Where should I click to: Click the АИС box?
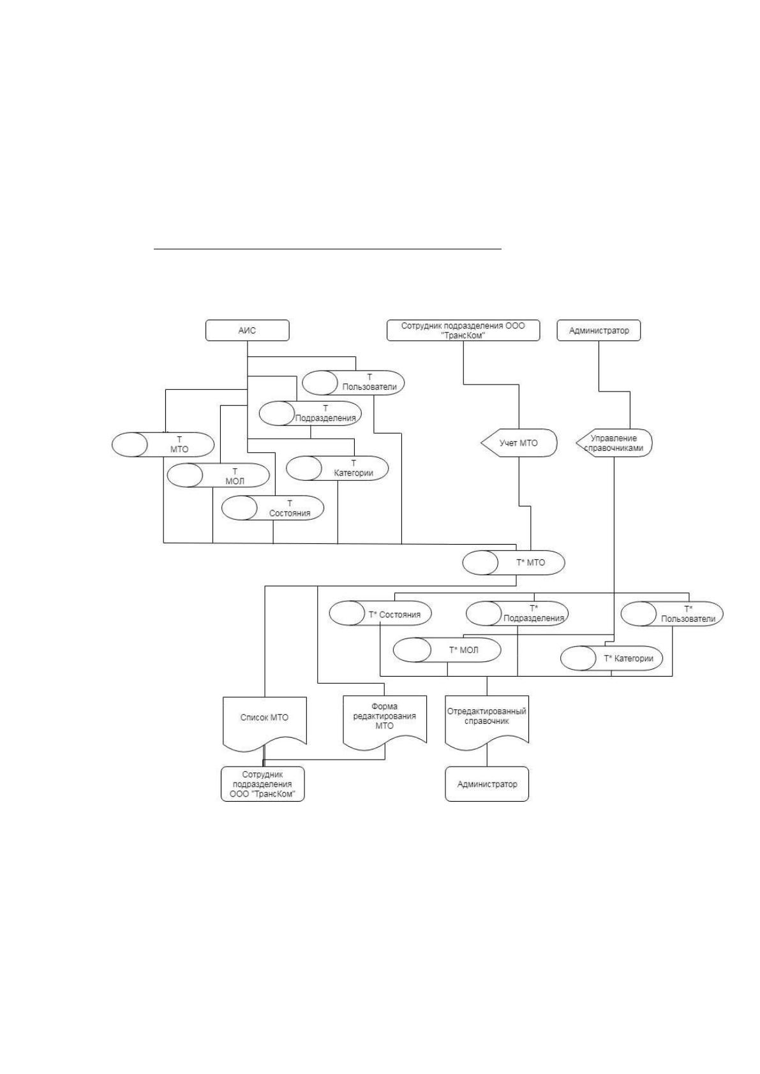[247, 330]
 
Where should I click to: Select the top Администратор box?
[599, 330]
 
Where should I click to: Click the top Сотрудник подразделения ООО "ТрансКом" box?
[463, 330]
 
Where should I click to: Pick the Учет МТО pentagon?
[519, 443]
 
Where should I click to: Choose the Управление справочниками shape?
[614, 443]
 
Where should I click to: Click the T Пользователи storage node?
[353, 383]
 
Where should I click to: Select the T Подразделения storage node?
[310, 413]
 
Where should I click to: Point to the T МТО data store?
[163, 445]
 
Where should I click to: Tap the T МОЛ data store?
[218, 476]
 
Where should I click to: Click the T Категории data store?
[337, 468]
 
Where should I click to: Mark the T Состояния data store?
[272, 508]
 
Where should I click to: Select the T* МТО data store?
[514, 563]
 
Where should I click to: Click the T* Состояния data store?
[380, 614]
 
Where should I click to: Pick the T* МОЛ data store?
[447, 650]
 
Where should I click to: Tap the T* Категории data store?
[611, 658]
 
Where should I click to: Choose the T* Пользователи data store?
[672, 614]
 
